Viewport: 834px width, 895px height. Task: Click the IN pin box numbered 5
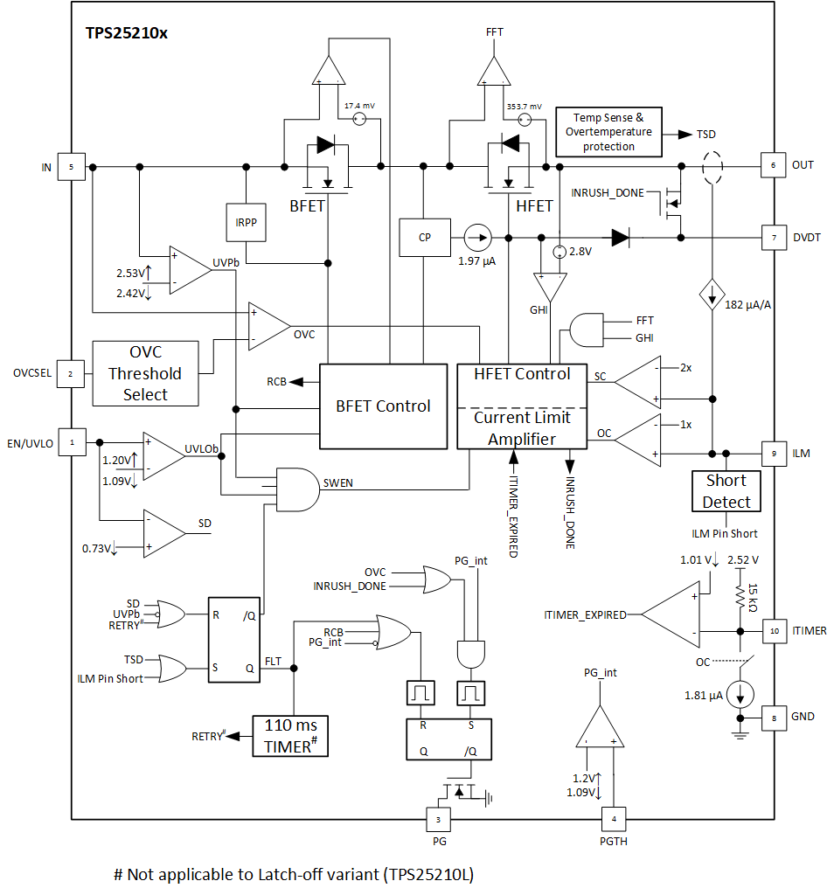click(72, 167)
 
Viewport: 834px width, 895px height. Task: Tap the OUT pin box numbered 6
click(774, 165)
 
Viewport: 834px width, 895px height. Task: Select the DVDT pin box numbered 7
click(774, 238)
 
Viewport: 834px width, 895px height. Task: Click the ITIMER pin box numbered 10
click(775, 631)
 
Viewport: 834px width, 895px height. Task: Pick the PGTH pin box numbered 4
click(614, 819)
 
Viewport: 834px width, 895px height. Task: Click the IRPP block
click(246, 223)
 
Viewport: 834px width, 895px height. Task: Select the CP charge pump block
click(425, 238)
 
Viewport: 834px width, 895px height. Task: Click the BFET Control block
click(383, 406)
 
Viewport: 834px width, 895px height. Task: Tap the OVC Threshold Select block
click(146, 373)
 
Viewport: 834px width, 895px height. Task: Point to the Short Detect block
click(726, 491)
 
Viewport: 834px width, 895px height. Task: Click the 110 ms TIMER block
click(290, 736)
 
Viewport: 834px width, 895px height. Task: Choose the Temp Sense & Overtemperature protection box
click(609, 132)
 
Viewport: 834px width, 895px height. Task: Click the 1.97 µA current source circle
click(478, 238)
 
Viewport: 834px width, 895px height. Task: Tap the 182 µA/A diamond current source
click(712, 295)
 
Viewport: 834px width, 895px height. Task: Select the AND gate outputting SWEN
click(297, 489)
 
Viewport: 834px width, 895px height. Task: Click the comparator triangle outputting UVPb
click(190, 271)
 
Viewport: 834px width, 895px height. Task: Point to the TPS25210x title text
click(127, 33)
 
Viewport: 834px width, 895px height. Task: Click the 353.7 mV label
click(524, 107)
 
